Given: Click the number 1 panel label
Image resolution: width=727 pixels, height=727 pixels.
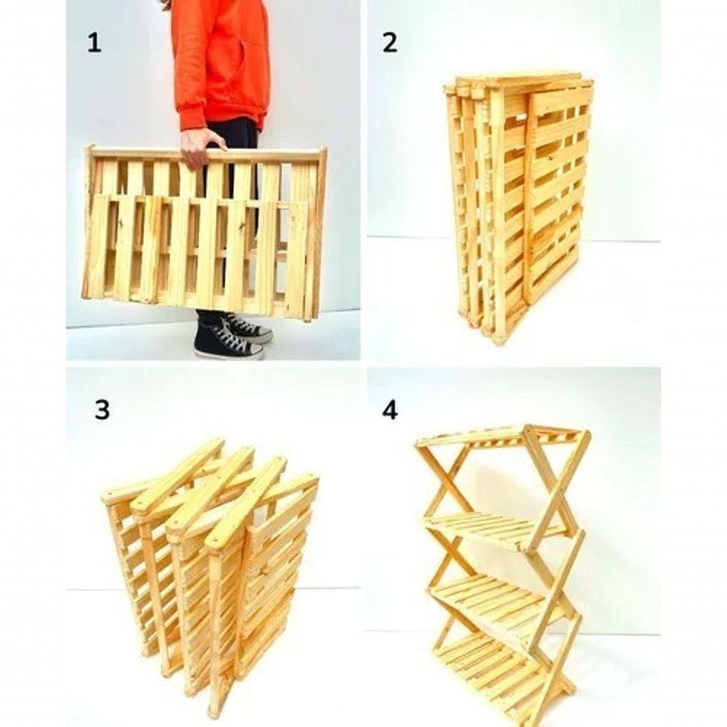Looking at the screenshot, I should pyautogui.click(x=94, y=43).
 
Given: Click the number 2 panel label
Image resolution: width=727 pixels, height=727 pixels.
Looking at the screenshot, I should pyautogui.click(x=390, y=43).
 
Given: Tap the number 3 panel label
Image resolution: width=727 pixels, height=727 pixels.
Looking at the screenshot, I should pyautogui.click(x=102, y=409).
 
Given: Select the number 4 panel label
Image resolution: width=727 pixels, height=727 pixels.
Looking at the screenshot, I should pyautogui.click(x=390, y=409).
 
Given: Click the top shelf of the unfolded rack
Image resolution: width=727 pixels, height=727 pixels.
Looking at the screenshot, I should pyautogui.click(x=494, y=436).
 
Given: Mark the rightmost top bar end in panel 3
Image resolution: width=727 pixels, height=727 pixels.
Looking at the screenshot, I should pyautogui.click(x=309, y=480).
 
